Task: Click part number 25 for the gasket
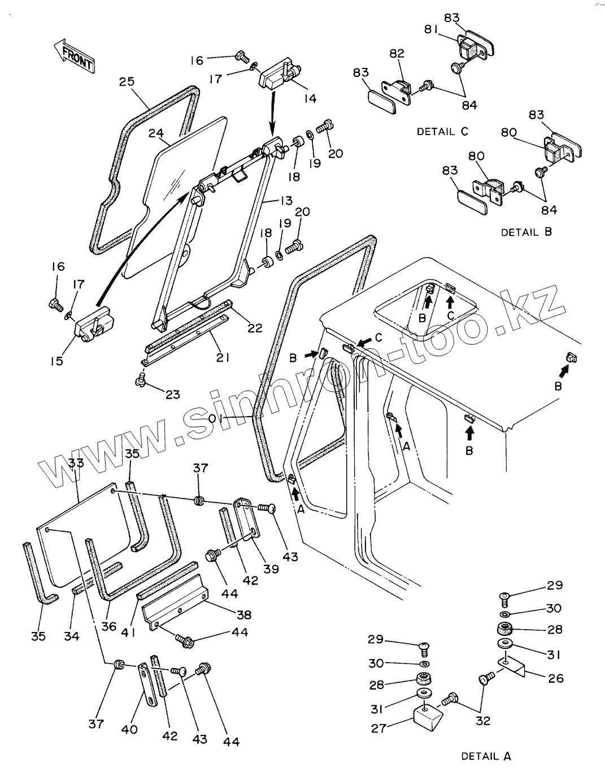click(127, 81)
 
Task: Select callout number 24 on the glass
click(155, 134)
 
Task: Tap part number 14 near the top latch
click(310, 98)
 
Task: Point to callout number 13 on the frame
click(286, 201)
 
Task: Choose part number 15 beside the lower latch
click(56, 361)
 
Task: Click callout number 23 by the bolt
click(172, 394)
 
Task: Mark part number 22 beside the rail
click(255, 327)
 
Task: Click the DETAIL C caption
click(442, 132)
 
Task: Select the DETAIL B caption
click(526, 232)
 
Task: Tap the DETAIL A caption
click(486, 756)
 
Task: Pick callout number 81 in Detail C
click(432, 29)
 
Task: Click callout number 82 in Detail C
click(397, 53)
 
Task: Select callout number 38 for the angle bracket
click(244, 614)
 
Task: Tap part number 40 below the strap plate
click(129, 729)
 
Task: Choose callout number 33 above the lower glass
click(76, 463)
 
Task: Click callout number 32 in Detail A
click(482, 720)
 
